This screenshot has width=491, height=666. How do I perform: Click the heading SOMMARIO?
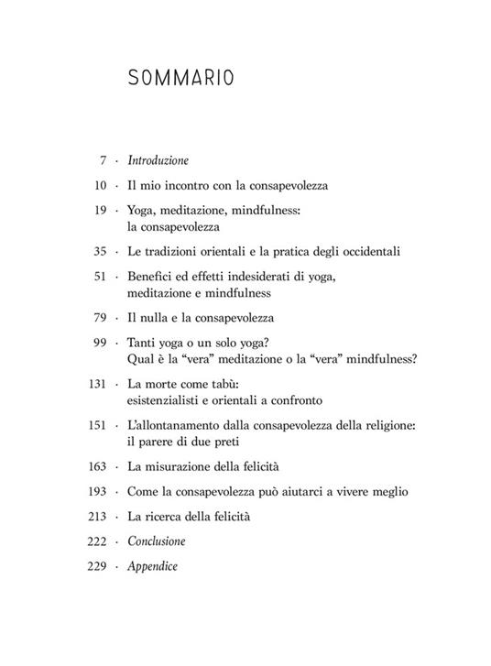click(181, 79)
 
